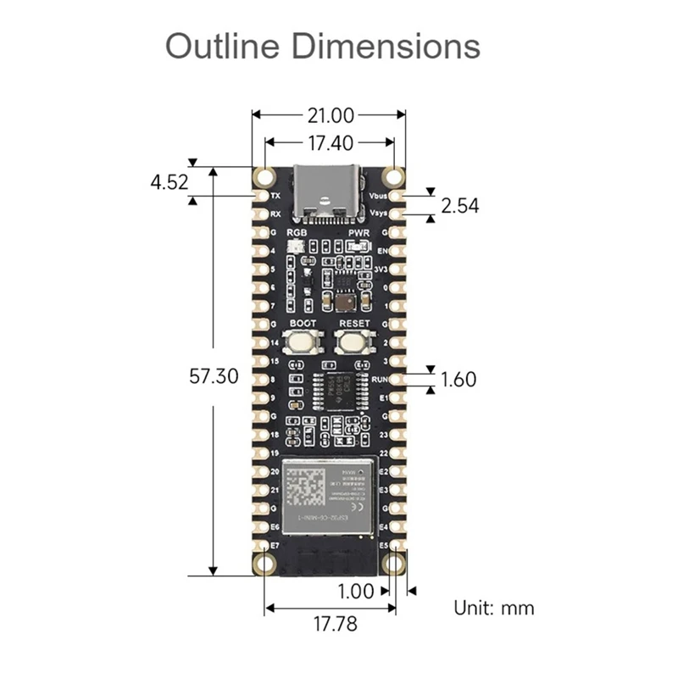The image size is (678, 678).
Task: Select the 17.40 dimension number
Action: [330, 144]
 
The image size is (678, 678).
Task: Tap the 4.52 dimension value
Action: [169, 181]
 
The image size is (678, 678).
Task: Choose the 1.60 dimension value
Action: [459, 379]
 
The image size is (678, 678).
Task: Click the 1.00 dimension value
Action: [356, 591]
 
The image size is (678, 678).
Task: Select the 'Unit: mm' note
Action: [494, 607]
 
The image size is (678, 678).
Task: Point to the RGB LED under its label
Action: [296, 246]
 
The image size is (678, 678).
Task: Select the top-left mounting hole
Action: [265, 176]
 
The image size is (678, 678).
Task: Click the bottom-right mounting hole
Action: [393, 562]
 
